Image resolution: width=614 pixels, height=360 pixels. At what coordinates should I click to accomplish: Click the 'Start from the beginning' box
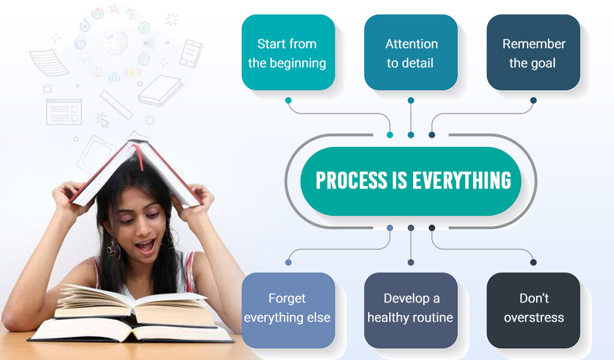(288, 53)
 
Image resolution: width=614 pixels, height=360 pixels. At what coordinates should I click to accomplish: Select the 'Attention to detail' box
(411, 53)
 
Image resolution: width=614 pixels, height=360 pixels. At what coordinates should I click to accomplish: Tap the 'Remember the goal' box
(533, 53)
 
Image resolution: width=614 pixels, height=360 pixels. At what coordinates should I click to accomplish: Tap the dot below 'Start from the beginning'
(288, 100)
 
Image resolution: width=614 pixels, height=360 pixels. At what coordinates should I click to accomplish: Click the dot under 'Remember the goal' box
(533, 100)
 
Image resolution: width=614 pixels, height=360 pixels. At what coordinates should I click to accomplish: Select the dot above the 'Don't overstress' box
(533, 262)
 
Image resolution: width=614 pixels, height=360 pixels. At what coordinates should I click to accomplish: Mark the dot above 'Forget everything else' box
(288, 262)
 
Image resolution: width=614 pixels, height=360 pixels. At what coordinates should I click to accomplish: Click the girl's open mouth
(146, 245)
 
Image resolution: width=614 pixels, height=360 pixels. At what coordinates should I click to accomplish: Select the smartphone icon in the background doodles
(191, 53)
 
